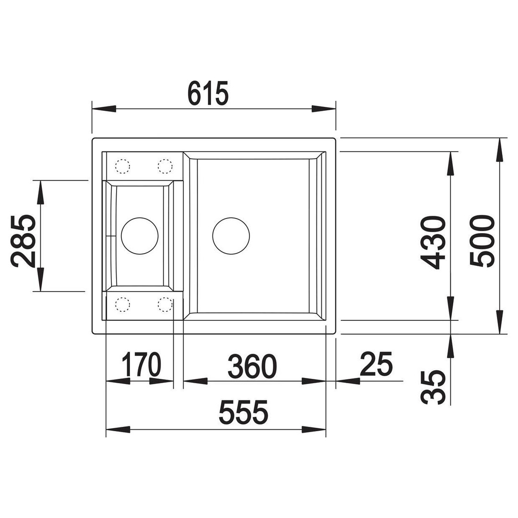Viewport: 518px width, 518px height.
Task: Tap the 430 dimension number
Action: (435, 243)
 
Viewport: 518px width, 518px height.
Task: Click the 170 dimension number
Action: (141, 364)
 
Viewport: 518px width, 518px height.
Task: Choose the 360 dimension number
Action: (252, 366)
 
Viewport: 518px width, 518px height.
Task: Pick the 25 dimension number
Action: (377, 364)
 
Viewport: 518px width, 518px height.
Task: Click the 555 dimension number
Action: (244, 412)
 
